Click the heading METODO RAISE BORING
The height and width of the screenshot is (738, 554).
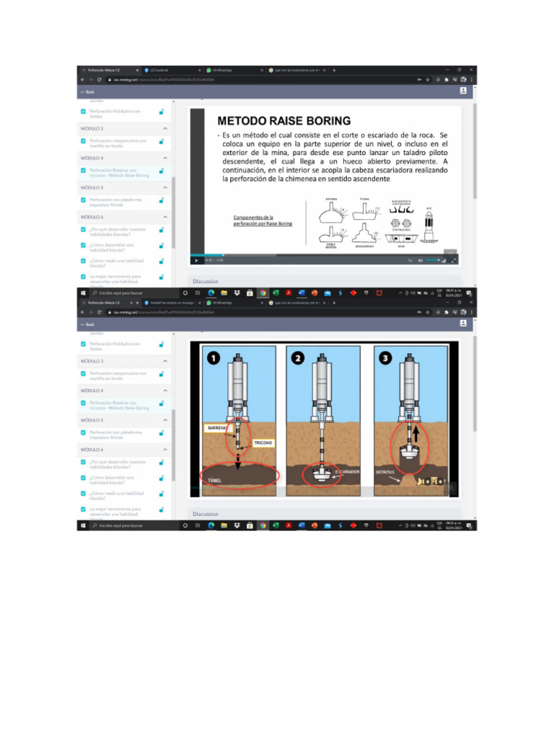[284, 120]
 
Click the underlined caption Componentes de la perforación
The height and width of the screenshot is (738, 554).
[263, 220]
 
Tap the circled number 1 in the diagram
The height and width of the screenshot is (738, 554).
[212, 357]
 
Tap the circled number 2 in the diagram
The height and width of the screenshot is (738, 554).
[299, 357]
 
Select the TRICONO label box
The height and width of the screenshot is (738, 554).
[263, 443]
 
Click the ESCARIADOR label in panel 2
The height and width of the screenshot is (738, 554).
[348, 472]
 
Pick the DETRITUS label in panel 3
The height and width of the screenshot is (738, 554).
[384, 472]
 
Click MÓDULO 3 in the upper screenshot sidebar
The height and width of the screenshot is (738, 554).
[92, 128]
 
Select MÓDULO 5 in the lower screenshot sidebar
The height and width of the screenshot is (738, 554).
[92, 419]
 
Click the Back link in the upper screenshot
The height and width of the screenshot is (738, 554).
[87, 92]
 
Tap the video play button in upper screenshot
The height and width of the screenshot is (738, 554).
[196, 260]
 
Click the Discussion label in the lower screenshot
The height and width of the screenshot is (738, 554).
[206, 514]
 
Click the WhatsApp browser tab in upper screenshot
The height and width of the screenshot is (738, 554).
[221, 70]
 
